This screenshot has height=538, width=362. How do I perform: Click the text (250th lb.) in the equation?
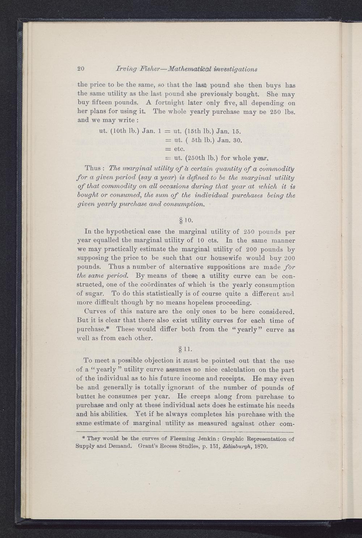[x=196, y=158]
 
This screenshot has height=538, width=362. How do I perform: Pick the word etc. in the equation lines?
[x=179, y=149]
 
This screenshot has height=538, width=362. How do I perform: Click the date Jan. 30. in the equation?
[x=229, y=140]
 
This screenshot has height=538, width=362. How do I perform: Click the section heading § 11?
[x=186, y=349]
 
